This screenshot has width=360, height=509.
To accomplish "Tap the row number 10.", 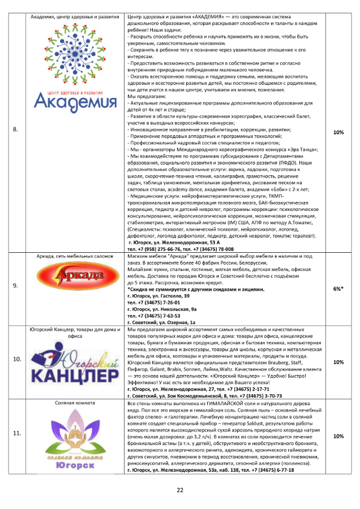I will point(16,359).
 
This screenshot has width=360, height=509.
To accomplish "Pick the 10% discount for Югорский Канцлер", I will point(338,362).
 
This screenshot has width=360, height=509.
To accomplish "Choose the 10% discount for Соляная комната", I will point(338,436).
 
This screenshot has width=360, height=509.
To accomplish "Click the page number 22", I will point(180,490).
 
